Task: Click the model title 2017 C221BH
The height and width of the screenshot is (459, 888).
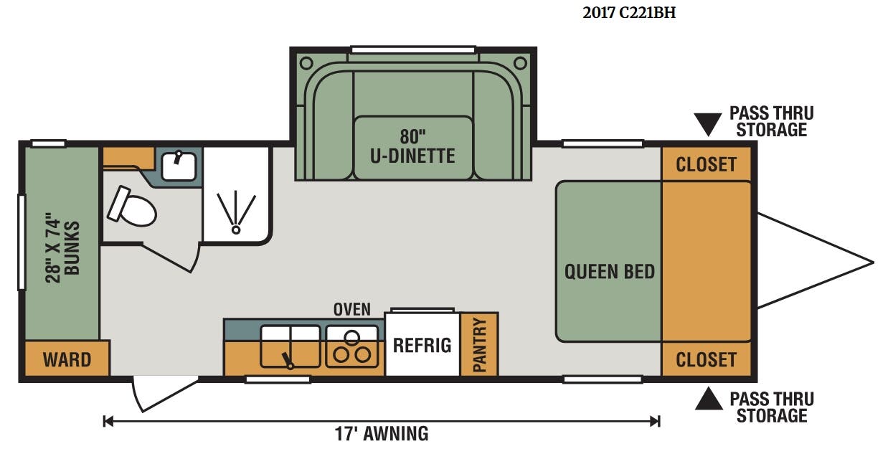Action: tap(629, 13)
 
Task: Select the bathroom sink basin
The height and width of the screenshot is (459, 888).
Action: tap(179, 166)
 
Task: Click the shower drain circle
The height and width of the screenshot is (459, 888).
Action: tap(236, 230)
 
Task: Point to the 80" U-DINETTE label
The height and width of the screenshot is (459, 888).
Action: tap(412, 146)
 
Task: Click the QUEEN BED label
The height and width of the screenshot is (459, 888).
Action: tap(609, 272)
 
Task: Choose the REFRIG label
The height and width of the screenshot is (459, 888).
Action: tap(422, 345)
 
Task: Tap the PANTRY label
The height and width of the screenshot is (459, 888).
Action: tap(480, 345)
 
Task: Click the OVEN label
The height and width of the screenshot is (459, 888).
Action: tap(352, 310)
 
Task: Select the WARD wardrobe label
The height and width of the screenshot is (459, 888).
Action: tap(67, 360)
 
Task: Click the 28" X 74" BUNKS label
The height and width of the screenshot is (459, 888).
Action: tap(62, 248)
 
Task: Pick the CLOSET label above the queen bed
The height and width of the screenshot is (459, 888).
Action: tap(706, 164)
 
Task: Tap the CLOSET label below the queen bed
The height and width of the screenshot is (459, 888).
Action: tap(706, 360)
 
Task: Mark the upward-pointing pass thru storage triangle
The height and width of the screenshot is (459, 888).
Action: tap(709, 398)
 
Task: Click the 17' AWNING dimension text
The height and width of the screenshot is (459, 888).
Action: tap(382, 434)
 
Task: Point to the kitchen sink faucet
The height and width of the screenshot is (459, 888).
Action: tap(288, 361)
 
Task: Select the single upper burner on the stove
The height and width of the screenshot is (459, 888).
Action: tap(351, 337)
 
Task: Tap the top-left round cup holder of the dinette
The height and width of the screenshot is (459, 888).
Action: tap(306, 63)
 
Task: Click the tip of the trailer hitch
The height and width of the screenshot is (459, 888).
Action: tap(874, 262)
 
